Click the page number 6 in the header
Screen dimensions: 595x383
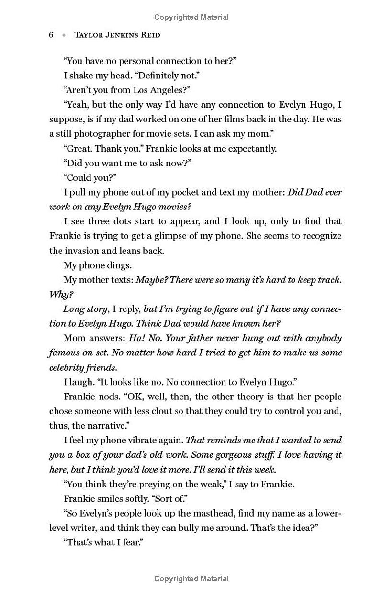click(x=51, y=35)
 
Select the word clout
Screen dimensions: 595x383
click(x=144, y=411)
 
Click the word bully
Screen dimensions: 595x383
click(x=217, y=528)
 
